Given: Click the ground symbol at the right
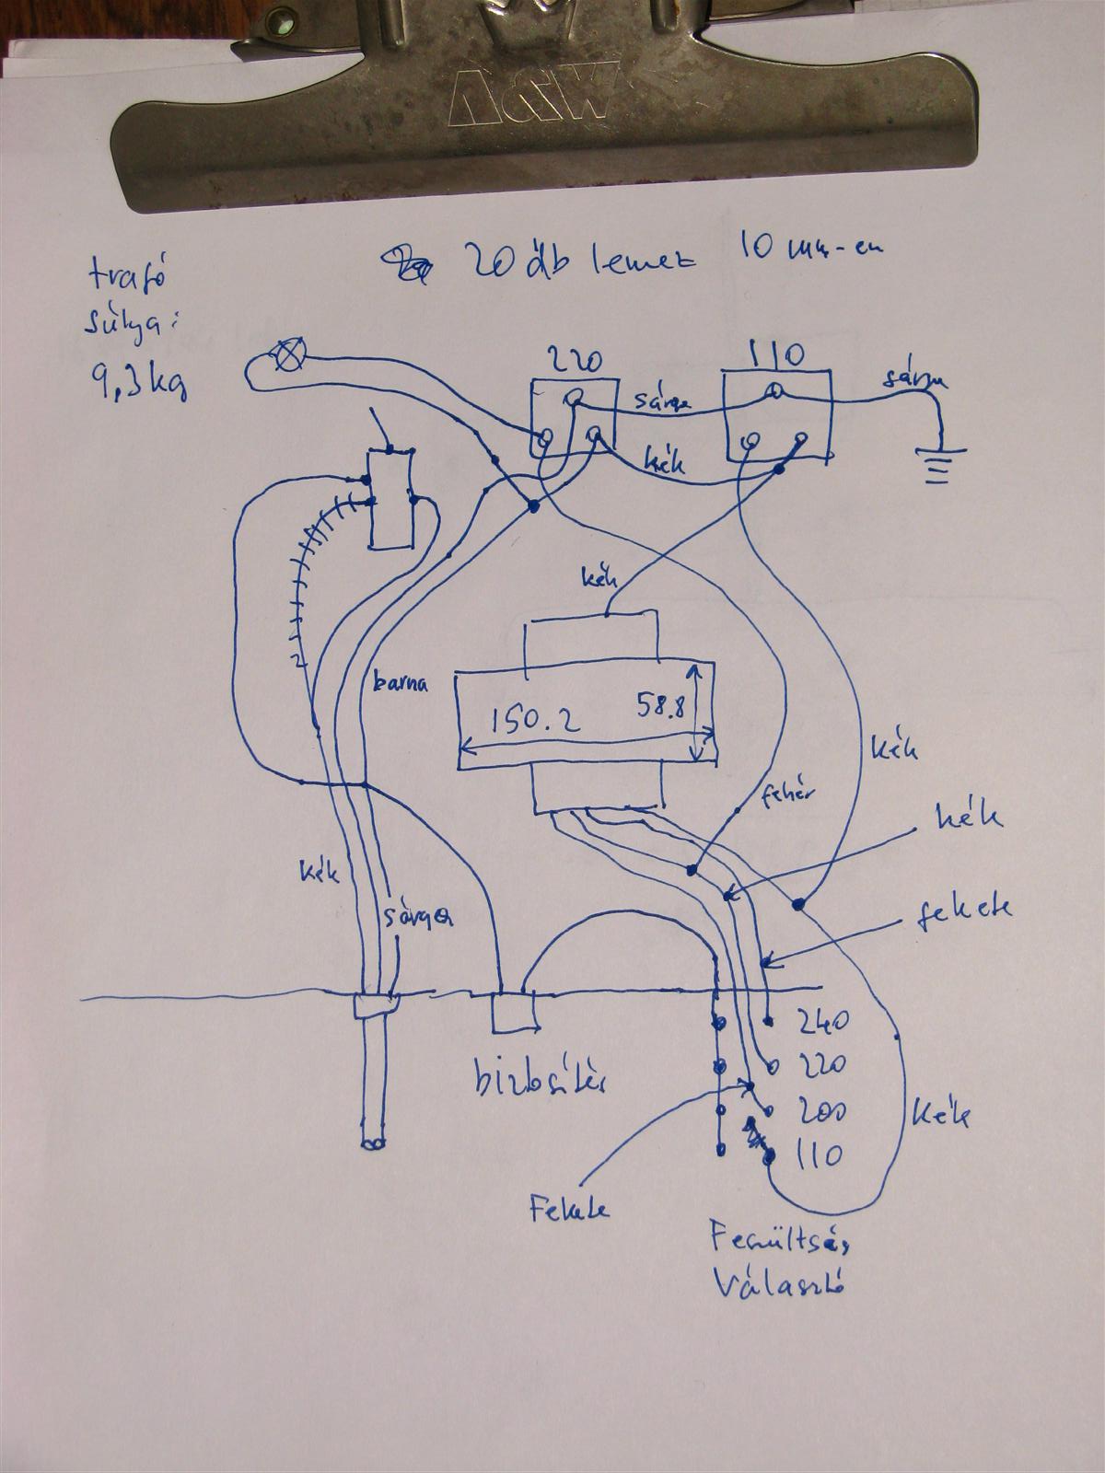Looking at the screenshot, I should (x=939, y=464).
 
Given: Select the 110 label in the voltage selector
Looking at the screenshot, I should (x=815, y=1154).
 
